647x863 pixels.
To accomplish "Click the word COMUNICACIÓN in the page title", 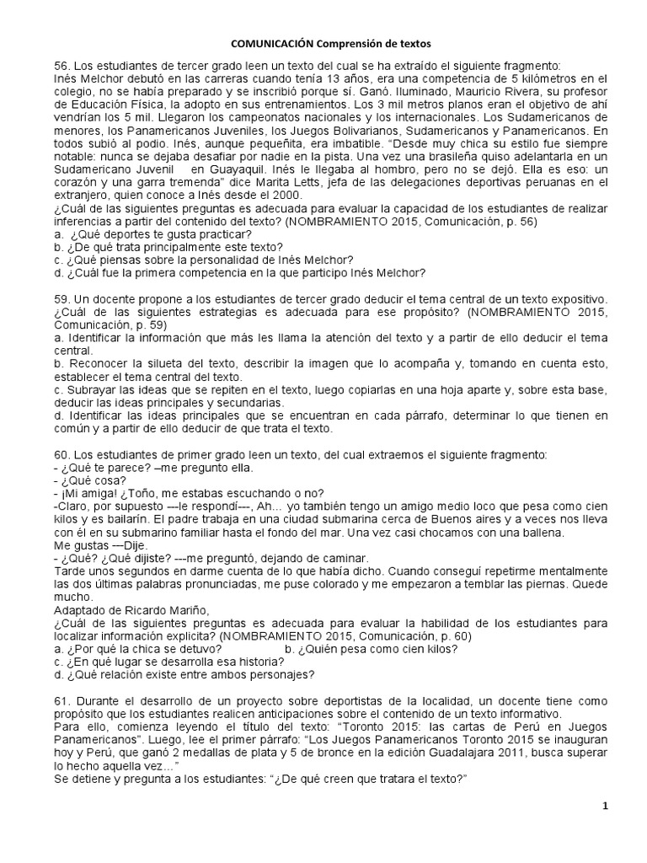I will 275,42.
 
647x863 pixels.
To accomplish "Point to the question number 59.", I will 61,301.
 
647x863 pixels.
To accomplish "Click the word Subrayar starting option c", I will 95,390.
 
